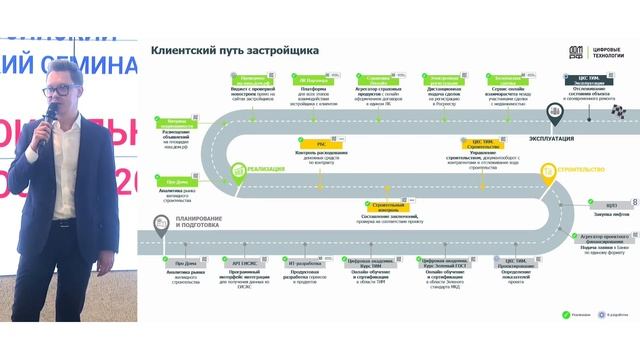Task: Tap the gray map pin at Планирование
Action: tap(158, 225)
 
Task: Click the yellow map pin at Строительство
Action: tap(548, 171)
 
